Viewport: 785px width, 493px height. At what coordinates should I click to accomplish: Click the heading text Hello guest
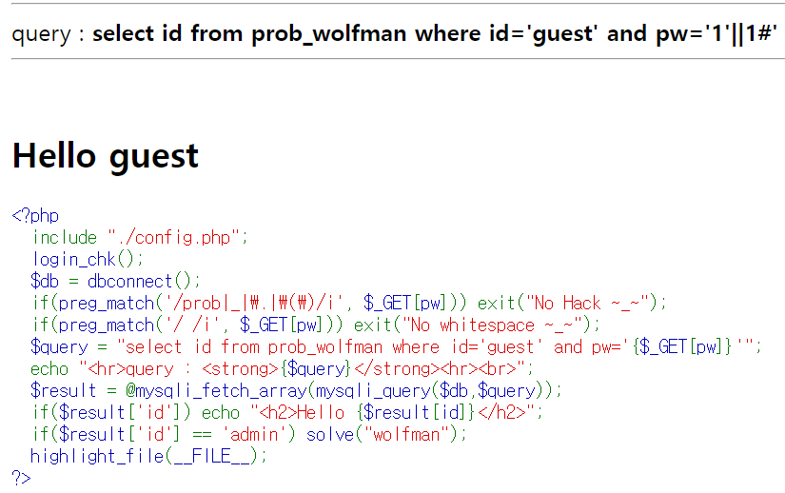point(106,156)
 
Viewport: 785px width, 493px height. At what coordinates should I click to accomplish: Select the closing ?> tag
point(21,477)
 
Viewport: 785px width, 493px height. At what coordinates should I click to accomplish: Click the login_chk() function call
point(88,259)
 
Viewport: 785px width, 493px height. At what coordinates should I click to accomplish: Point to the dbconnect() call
point(143,281)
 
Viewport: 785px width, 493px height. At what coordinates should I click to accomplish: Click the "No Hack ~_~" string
point(592,303)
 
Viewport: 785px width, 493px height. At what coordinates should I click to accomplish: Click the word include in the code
point(65,238)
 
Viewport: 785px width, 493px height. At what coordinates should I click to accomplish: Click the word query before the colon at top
point(41,34)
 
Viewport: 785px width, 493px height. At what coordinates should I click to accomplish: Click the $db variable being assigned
point(45,281)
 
